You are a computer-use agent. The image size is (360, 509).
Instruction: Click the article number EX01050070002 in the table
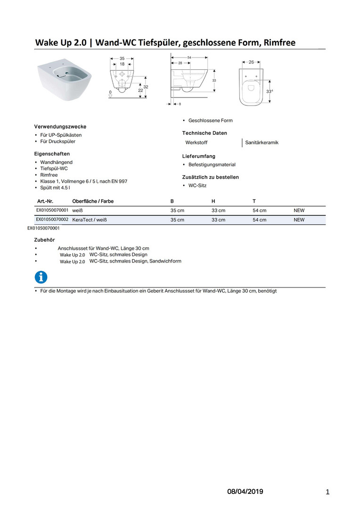point(52,220)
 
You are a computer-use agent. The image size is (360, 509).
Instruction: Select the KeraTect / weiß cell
point(86,220)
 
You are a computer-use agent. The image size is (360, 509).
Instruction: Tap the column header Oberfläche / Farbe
point(93,201)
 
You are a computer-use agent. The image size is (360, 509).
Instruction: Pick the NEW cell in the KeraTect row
point(299,220)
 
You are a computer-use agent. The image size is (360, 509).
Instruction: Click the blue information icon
point(41,277)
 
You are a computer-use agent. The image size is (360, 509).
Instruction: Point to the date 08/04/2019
point(245,492)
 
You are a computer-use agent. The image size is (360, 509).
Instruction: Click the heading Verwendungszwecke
point(60,127)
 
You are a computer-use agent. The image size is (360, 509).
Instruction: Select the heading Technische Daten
point(205,133)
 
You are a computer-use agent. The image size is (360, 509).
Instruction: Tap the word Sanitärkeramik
point(262,142)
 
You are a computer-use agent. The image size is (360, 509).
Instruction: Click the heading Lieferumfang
point(199,156)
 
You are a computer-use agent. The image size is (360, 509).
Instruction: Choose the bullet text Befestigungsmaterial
point(212,164)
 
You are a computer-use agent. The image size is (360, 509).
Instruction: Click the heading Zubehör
point(44,240)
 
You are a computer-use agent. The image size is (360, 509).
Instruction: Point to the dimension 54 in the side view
point(189,57)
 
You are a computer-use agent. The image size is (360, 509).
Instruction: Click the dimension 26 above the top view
point(251,62)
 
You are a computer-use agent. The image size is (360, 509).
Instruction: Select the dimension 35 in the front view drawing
point(122,58)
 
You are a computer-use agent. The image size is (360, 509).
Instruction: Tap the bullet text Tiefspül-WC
point(54,168)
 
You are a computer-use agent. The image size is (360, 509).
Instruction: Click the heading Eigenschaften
point(52,154)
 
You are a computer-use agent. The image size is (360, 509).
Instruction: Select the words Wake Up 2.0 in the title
point(63,43)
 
